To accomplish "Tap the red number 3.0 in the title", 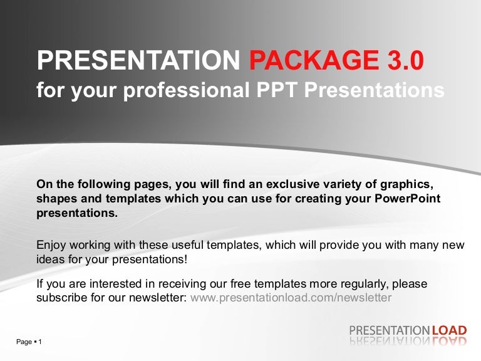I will point(401,61).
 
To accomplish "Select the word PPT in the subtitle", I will point(277,90).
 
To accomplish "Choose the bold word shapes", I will point(56,199).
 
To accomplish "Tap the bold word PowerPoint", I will point(408,198).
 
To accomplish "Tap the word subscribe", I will point(61,298).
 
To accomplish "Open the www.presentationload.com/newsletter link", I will point(291,298).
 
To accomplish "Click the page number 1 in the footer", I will point(40,342).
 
